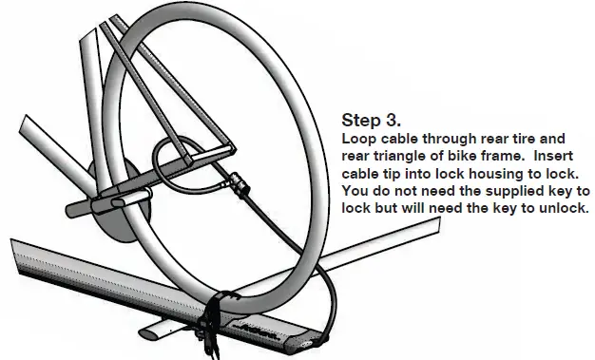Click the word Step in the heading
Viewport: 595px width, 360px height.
click(360, 122)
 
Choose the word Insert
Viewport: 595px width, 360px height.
click(560, 157)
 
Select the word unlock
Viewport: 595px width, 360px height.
click(565, 210)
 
